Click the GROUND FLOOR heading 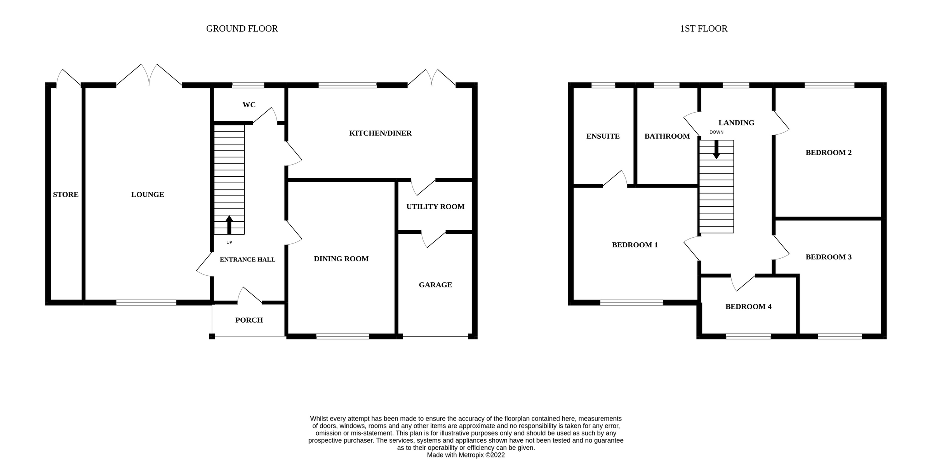pyautogui.click(x=242, y=29)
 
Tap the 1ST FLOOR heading pyautogui.click(x=704, y=29)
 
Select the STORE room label pyautogui.click(x=66, y=195)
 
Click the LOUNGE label pyautogui.click(x=148, y=195)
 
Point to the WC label pyautogui.click(x=249, y=105)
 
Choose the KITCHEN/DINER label pyautogui.click(x=380, y=133)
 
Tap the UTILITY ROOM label pyautogui.click(x=435, y=207)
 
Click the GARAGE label pyautogui.click(x=435, y=285)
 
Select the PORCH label pyautogui.click(x=249, y=320)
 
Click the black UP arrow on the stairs pyautogui.click(x=229, y=225)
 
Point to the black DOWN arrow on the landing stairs pyautogui.click(x=716, y=150)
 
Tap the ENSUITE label pyautogui.click(x=603, y=136)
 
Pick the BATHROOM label pyautogui.click(x=667, y=136)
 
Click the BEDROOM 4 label pyautogui.click(x=748, y=307)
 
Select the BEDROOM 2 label pyautogui.click(x=828, y=153)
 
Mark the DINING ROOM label pyautogui.click(x=341, y=259)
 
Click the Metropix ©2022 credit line pyautogui.click(x=466, y=455)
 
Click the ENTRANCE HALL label pyautogui.click(x=247, y=260)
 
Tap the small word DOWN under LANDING pyautogui.click(x=716, y=132)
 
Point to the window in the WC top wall pyautogui.click(x=248, y=85)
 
